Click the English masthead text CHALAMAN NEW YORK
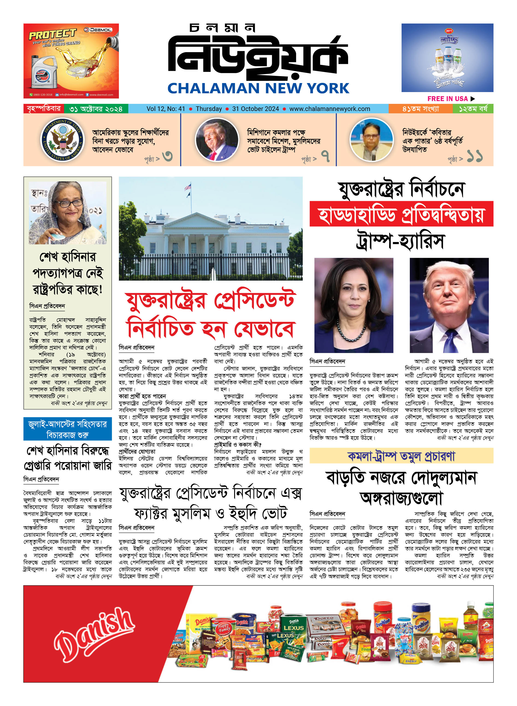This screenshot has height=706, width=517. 258,88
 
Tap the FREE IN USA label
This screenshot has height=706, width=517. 447,99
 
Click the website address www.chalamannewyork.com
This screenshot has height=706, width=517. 329,109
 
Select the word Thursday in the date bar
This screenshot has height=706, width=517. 209,109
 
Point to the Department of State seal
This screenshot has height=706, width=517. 63,140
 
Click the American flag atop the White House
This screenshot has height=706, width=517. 188,187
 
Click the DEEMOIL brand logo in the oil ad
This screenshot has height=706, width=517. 98,30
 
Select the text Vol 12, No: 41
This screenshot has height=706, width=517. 166,109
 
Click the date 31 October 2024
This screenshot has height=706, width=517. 255,109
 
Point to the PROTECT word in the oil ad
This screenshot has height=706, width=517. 53,34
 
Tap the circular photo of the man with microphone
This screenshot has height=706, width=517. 371,140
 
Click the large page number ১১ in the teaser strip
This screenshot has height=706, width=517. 474,156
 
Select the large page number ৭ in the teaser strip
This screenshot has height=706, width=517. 326,156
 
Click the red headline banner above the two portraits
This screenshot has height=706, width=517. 401,214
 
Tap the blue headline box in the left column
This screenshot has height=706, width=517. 68,429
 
